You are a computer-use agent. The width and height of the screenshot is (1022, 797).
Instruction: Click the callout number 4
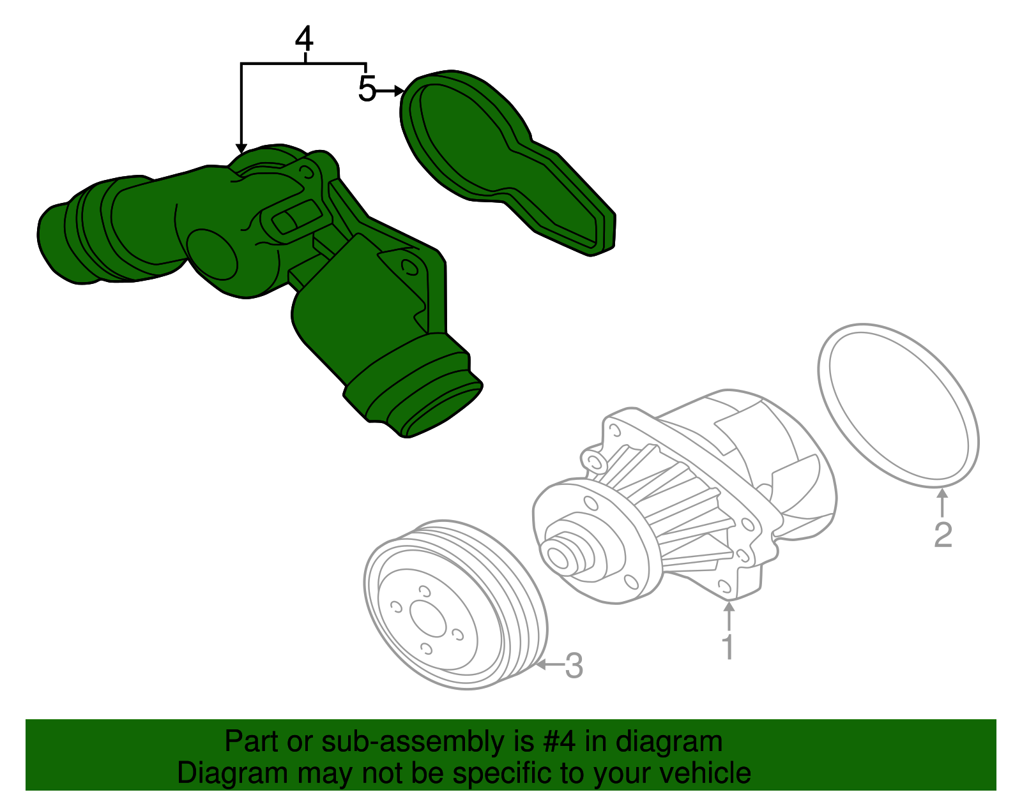coord(305,40)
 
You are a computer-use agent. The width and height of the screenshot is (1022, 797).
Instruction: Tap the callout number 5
coord(367,89)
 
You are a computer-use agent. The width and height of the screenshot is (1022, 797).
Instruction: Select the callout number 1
coord(728,647)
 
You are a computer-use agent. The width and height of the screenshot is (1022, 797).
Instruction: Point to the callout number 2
coord(943,535)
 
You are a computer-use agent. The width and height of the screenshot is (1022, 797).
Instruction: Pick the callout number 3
coord(574,666)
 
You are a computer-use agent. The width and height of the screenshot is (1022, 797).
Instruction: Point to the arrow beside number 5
coord(389,91)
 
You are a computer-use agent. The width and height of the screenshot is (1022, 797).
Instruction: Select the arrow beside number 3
coord(549,665)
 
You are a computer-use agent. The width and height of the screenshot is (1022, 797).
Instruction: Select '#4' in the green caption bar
coord(559,742)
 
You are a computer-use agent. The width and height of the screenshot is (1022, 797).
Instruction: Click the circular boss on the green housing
coord(213,255)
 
